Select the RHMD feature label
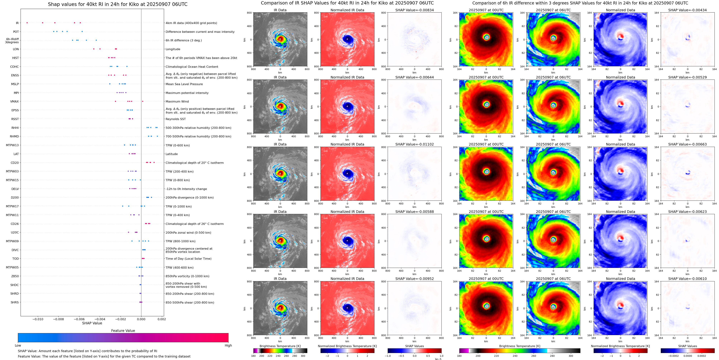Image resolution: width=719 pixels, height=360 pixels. click(x=14, y=137)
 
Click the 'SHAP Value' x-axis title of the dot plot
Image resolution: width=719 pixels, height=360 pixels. click(x=92, y=323)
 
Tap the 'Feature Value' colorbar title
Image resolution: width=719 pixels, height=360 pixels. click(x=123, y=331)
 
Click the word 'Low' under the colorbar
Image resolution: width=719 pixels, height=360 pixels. click(x=18, y=345)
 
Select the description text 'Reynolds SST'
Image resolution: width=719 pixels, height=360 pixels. click(x=175, y=119)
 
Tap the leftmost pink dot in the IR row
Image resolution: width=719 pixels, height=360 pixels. click(x=27, y=23)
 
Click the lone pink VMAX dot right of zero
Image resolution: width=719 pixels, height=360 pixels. click(x=143, y=101)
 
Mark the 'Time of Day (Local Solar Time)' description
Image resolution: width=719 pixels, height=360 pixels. click(x=188, y=259)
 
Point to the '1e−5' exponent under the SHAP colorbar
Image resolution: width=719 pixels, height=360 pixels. click(x=438, y=359)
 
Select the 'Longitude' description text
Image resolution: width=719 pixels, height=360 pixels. click(x=173, y=49)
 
